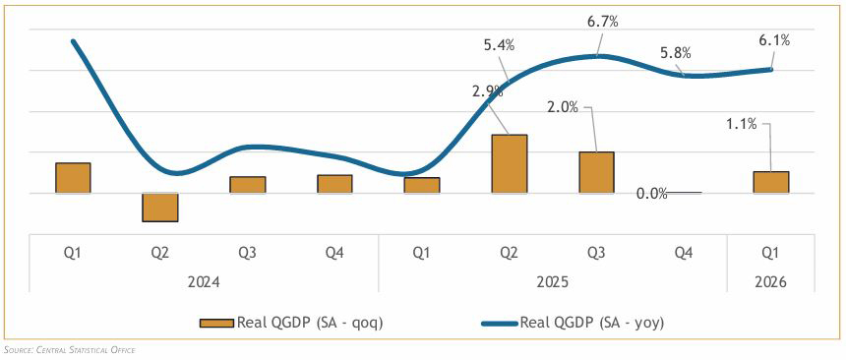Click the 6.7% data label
click(602, 23)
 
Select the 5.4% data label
click(499, 45)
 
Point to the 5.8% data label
click(676, 53)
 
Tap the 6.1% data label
click(774, 40)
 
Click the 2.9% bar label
click(487, 91)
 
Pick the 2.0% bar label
click(563, 107)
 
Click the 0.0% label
click(652, 193)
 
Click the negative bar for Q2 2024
click(160, 208)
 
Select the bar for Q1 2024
click(73, 178)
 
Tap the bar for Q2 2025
click(510, 163)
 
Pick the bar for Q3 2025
click(596, 172)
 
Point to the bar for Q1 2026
click(771, 182)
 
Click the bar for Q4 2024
click(334, 184)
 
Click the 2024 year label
click(204, 282)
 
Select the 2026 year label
click(771, 282)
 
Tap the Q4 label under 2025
click(684, 253)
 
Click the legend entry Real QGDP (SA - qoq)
click(291, 323)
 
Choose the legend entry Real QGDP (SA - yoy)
click(572, 323)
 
